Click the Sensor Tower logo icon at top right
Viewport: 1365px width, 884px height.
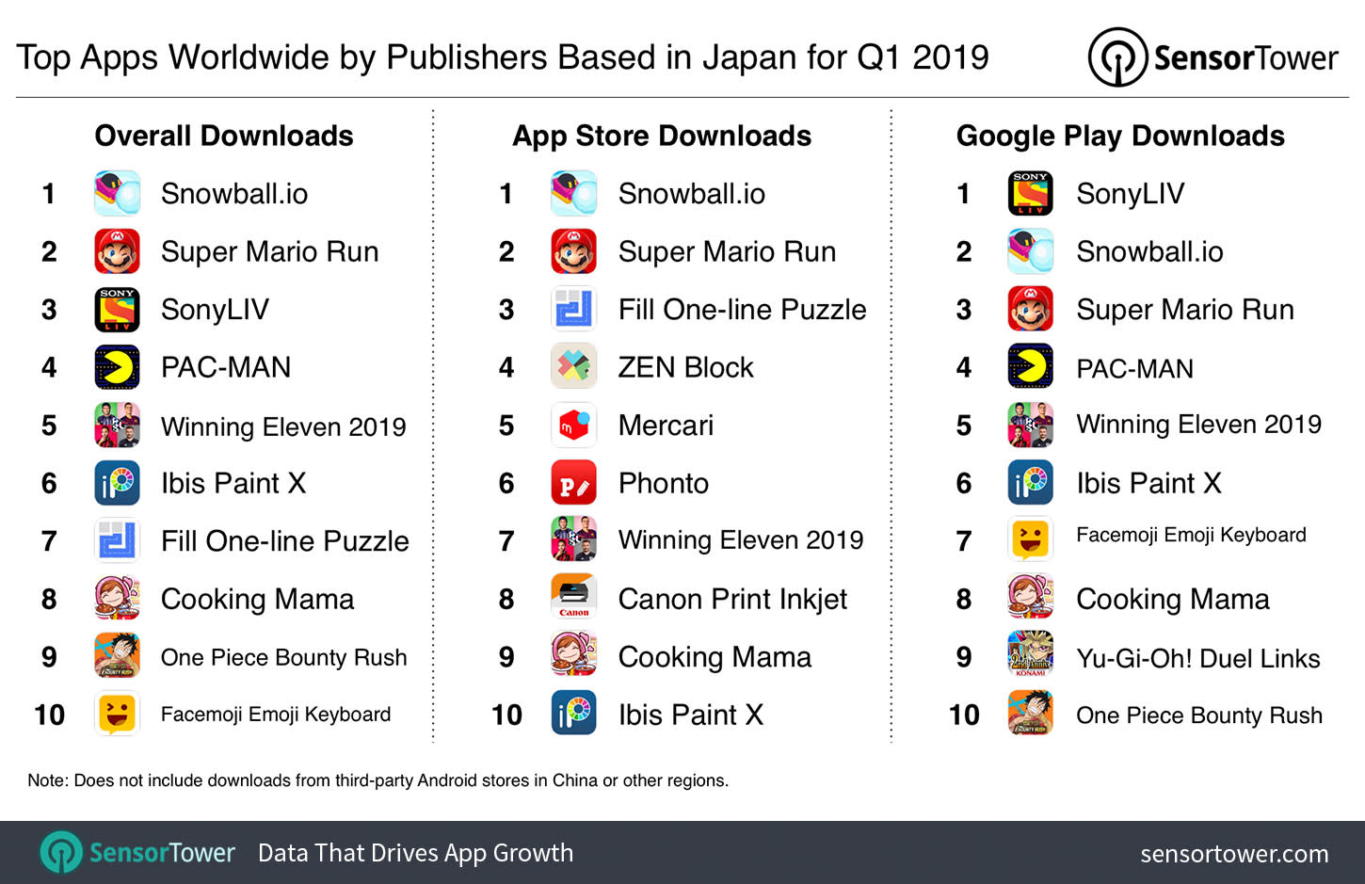pos(1116,57)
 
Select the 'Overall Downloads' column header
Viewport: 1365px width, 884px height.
pos(224,136)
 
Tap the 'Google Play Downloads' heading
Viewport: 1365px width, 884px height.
pos(1120,136)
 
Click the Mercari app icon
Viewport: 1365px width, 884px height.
pos(573,426)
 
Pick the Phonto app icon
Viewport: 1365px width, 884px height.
pos(573,483)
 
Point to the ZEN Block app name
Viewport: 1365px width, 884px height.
pos(685,367)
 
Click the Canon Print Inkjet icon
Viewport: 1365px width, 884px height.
pos(573,599)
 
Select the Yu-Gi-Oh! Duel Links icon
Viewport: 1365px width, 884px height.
pos(1031,656)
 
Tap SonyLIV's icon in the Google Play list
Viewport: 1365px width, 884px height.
pos(1031,194)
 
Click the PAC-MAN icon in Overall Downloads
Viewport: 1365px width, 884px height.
pos(118,367)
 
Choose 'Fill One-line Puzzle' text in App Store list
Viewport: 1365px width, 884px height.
pos(742,310)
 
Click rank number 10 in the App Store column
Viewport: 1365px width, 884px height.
pos(506,715)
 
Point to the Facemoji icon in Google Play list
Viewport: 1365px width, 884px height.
pos(1031,540)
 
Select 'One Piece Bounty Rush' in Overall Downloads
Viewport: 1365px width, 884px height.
pos(283,657)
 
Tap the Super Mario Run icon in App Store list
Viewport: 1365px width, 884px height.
pos(573,251)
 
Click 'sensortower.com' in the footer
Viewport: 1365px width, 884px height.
pos(1234,854)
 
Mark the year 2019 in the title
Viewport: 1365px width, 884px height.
pos(951,57)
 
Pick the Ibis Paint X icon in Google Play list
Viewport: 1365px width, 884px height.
pos(1031,483)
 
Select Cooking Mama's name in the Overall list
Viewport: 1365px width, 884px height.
pos(257,599)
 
